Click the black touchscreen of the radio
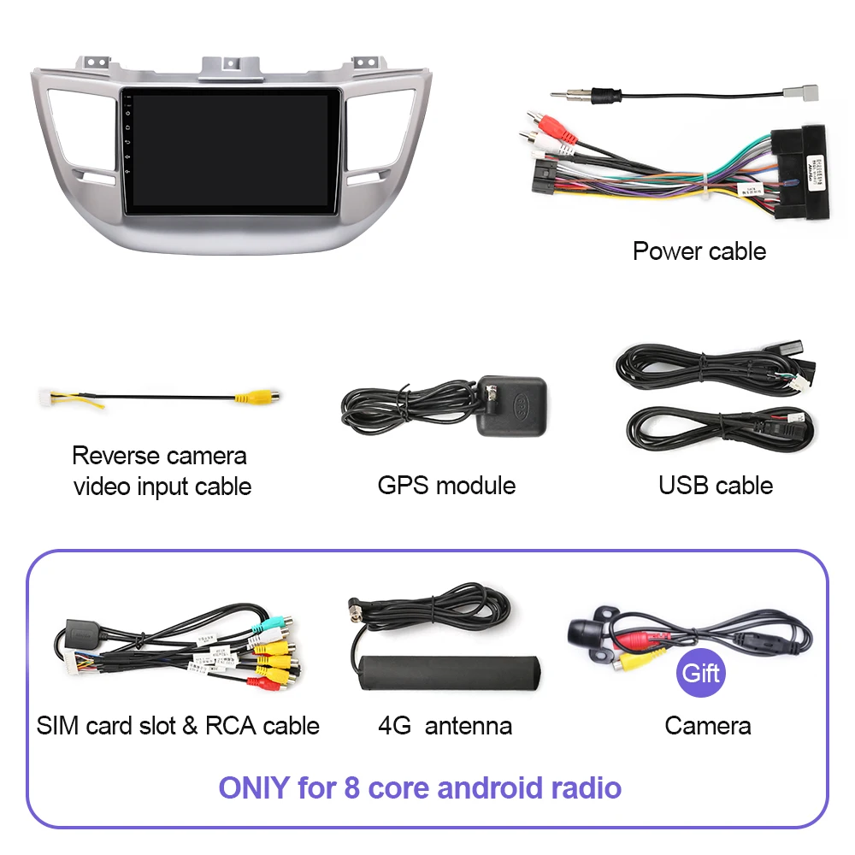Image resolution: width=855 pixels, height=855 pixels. [x=231, y=150]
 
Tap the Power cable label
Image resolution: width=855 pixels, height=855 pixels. [x=699, y=251]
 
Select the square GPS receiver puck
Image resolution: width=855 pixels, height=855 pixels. [x=510, y=405]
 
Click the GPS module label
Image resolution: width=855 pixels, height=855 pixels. [x=446, y=486]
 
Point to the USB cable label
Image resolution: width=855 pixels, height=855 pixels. [x=715, y=486]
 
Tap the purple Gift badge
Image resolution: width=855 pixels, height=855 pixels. [x=701, y=673]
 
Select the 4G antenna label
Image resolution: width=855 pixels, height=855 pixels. [x=445, y=726]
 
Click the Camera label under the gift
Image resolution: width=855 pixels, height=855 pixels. [x=707, y=726]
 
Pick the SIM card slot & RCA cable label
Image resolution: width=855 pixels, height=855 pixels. [x=178, y=726]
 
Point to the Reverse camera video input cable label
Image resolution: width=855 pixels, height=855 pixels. [x=162, y=471]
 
